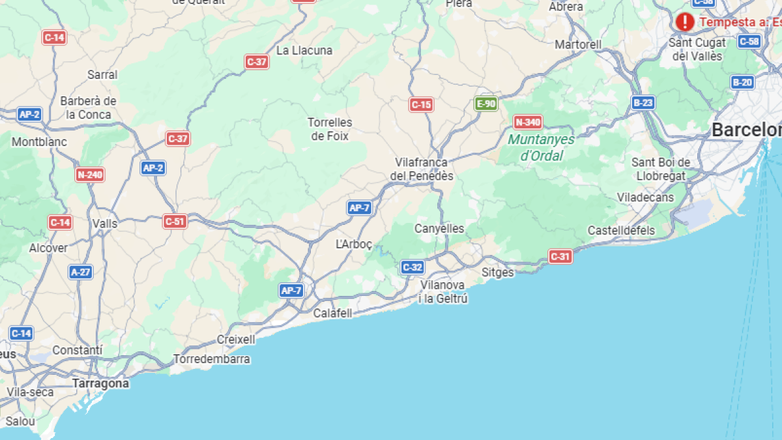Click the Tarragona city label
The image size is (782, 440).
tap(100, 383)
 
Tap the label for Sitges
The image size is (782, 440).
tap(497, 272)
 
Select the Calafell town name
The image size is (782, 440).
tap(332, 314)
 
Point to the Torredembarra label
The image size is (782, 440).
tap(211, 359)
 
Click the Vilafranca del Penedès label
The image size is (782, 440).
tap(421, 169)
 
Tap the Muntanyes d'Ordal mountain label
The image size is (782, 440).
tap(541, 147)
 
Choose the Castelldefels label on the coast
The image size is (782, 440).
tap(621, 230)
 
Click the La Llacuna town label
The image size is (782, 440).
tap(304, 50)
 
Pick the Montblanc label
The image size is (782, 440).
tap(39, 141)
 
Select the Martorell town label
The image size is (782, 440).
tap(578, 44)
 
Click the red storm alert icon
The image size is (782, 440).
tap(684, 22)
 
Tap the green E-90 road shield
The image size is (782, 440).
tap(485, 104)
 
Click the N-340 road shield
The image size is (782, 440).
tap(528, 122)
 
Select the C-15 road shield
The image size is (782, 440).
tap(421, 104)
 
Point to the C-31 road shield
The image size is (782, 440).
tap(560, 256)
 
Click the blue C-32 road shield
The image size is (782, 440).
tap(413, 267)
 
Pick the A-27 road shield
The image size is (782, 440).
tap(81, 272)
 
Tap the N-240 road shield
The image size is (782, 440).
tap(90, 175)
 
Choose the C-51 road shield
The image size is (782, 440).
tap(175, 222)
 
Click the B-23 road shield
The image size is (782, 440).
tap(643, 102)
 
